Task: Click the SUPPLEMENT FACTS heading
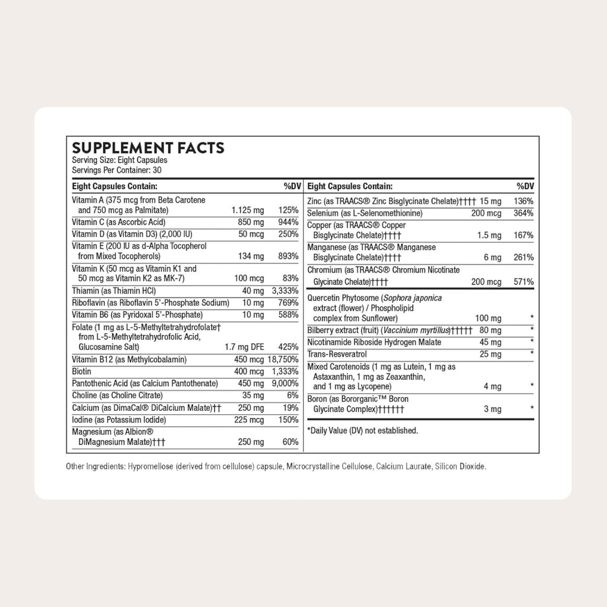click(x=148, y=148)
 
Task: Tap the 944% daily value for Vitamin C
click(x=287, y=222)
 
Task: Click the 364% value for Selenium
click(x=523, y=213)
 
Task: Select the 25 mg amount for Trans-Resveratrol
click(x=491, y=354)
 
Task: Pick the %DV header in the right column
click(x=525, y=186)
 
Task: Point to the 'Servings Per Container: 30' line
click(x=117, y=170)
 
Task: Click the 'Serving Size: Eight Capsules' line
click(x=119, y=160)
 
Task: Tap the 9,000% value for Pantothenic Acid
click(x=285, y=383)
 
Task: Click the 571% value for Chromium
click(x=523, y=282)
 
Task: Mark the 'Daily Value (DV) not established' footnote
click(x=362, y=430)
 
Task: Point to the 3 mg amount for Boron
click(x=492, y=409)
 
